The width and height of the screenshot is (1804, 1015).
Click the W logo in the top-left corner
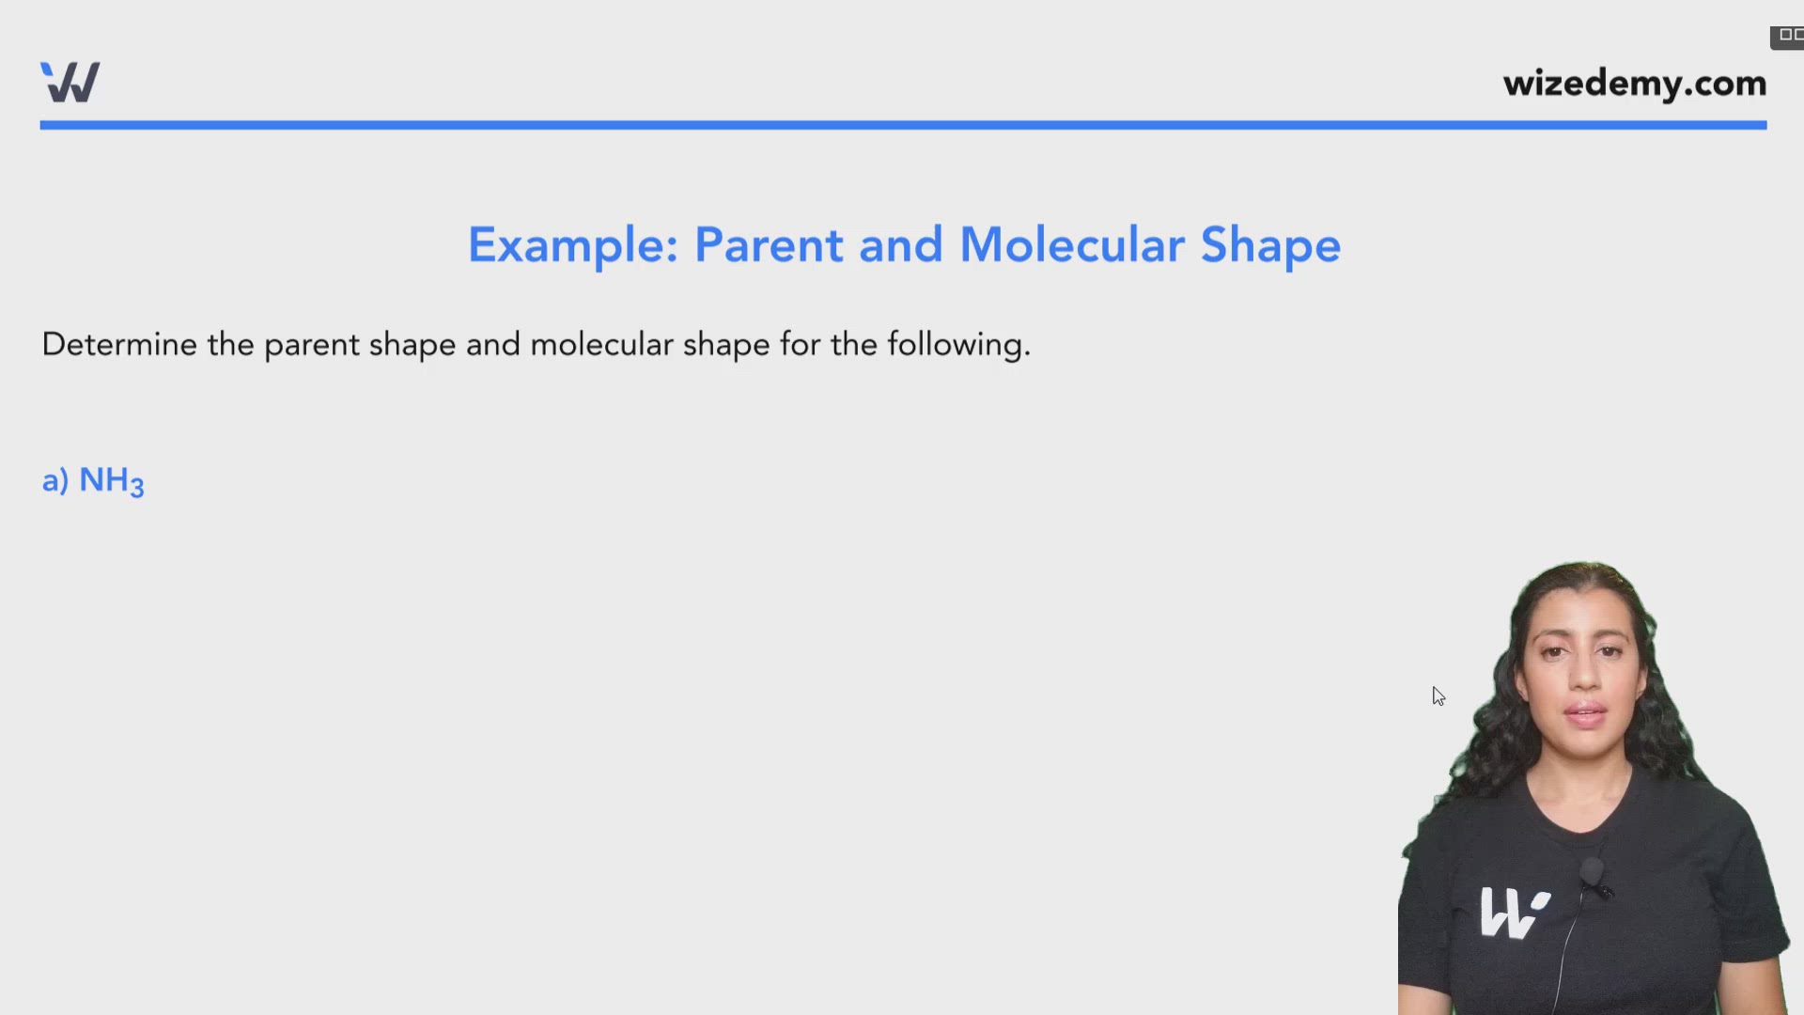[x=70, y=82]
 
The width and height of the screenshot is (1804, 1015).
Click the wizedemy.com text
[x=1635, y=84]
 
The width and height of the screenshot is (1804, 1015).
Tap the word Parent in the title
[x=769, y=245]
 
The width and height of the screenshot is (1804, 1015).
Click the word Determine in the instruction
[x=119, y=344]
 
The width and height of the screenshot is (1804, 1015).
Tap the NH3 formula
[x=111, y=481]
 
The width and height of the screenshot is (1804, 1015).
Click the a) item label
[x=55, y=481]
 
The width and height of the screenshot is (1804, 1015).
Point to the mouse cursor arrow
[x=1439, y=695]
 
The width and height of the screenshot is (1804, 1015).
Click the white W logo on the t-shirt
[x=1514, y=912]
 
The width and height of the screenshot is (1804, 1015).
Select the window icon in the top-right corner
[x=1787, y=37]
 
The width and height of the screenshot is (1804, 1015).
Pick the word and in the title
[x=900, y=245]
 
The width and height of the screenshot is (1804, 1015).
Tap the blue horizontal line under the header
[x=903, y=125]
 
